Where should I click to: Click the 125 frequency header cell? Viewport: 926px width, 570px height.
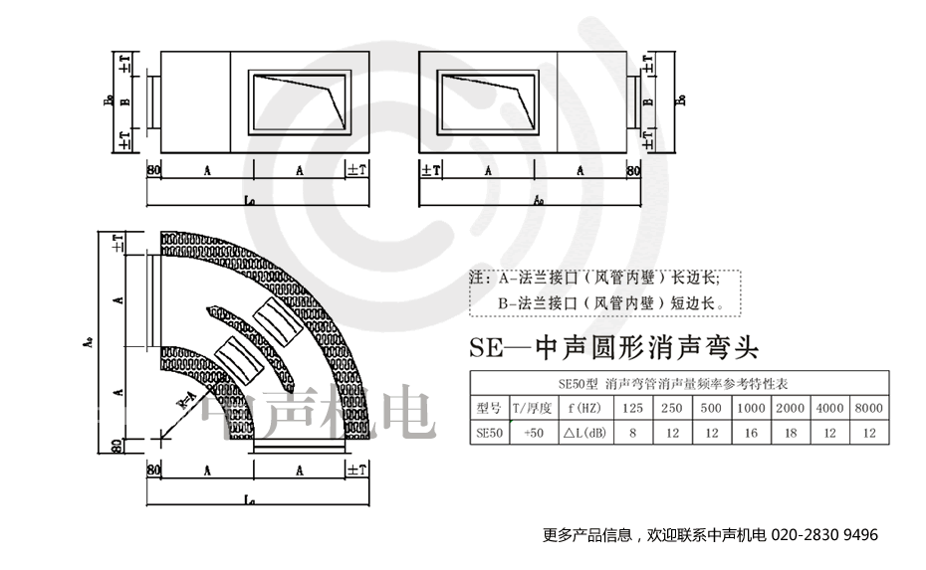coord(632,408)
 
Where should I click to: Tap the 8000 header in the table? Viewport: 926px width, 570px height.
coord(869,408)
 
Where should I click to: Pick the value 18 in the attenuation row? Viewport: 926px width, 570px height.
coord(790,433)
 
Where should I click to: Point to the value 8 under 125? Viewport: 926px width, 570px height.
coord(632,433)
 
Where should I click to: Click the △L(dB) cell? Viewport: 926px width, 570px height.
coord(583,433)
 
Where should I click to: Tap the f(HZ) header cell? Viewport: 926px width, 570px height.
coord(583,408)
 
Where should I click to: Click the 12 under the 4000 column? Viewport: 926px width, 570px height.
coord(829,433)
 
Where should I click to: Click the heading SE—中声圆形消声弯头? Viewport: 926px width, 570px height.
coord(612,348)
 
